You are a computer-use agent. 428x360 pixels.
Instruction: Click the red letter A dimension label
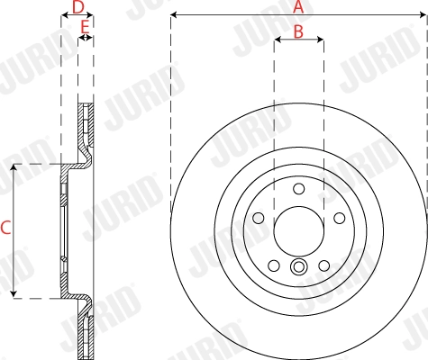click(299, 6)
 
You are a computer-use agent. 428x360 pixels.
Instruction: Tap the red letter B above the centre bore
click(298, 31)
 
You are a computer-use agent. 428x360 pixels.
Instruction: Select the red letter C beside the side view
click(5, 229)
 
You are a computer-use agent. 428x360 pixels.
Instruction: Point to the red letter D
click(77, 6)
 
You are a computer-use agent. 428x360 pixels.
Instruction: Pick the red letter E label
click(85, 29)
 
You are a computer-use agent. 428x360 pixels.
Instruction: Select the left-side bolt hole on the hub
click(258, 218)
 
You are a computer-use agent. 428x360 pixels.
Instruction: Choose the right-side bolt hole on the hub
click(339, 218)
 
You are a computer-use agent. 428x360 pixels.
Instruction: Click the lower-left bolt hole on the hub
click(273, 265)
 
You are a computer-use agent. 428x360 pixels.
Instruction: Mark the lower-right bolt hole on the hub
click(323, 265)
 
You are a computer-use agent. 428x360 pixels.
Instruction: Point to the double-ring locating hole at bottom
click(298, 266)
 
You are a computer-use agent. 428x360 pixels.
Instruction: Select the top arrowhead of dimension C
click(14, 168)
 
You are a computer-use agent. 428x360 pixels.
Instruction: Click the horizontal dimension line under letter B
click(298, 41)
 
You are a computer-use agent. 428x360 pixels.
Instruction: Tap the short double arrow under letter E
click(85, 39)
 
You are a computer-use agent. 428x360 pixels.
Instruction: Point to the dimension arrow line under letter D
click(77, 16)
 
